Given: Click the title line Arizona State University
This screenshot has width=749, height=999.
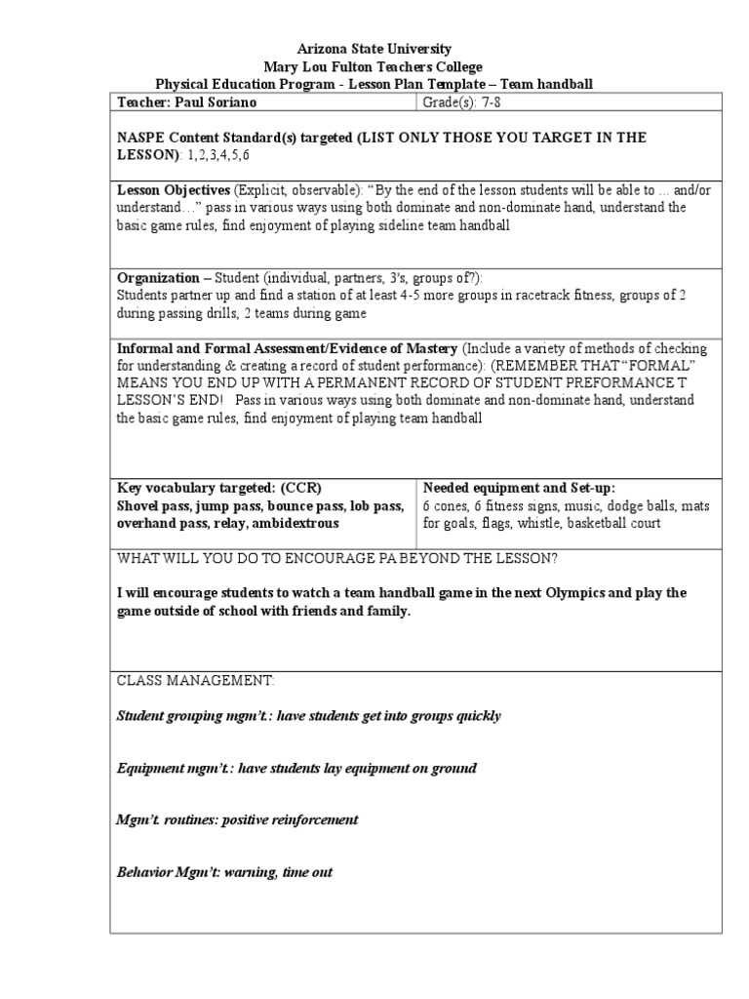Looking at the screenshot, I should (x=374, y=49).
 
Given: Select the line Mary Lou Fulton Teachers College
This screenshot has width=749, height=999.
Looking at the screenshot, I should (x=374, y=66).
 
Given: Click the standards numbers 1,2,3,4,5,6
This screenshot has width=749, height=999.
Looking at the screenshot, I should (x=218, y=155).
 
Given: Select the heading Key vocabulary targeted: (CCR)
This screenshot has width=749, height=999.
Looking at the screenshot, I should (x=219, y=488).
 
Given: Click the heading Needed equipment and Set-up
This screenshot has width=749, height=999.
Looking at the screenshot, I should (x=519, y=488).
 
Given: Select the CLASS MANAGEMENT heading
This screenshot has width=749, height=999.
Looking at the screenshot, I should (x=196, y=680).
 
